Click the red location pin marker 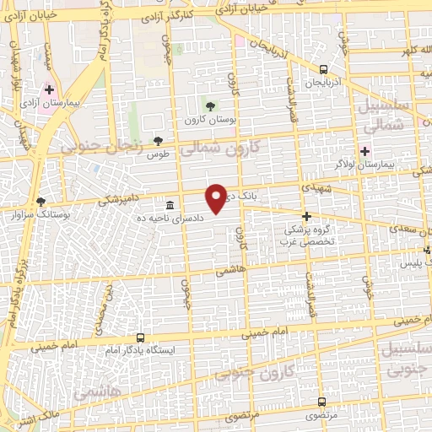click(x=217, y=198)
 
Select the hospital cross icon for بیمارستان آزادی click(x=49, y=89)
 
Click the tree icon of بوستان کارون click(x=210, y=105)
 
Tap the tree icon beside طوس click(x=158, y=141)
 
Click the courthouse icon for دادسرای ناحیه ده click(x=171, y=205)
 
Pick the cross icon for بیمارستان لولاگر click(x=364, y=152)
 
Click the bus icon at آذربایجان click(x=325, y=70)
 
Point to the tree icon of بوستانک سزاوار click(x=41, y=202)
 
